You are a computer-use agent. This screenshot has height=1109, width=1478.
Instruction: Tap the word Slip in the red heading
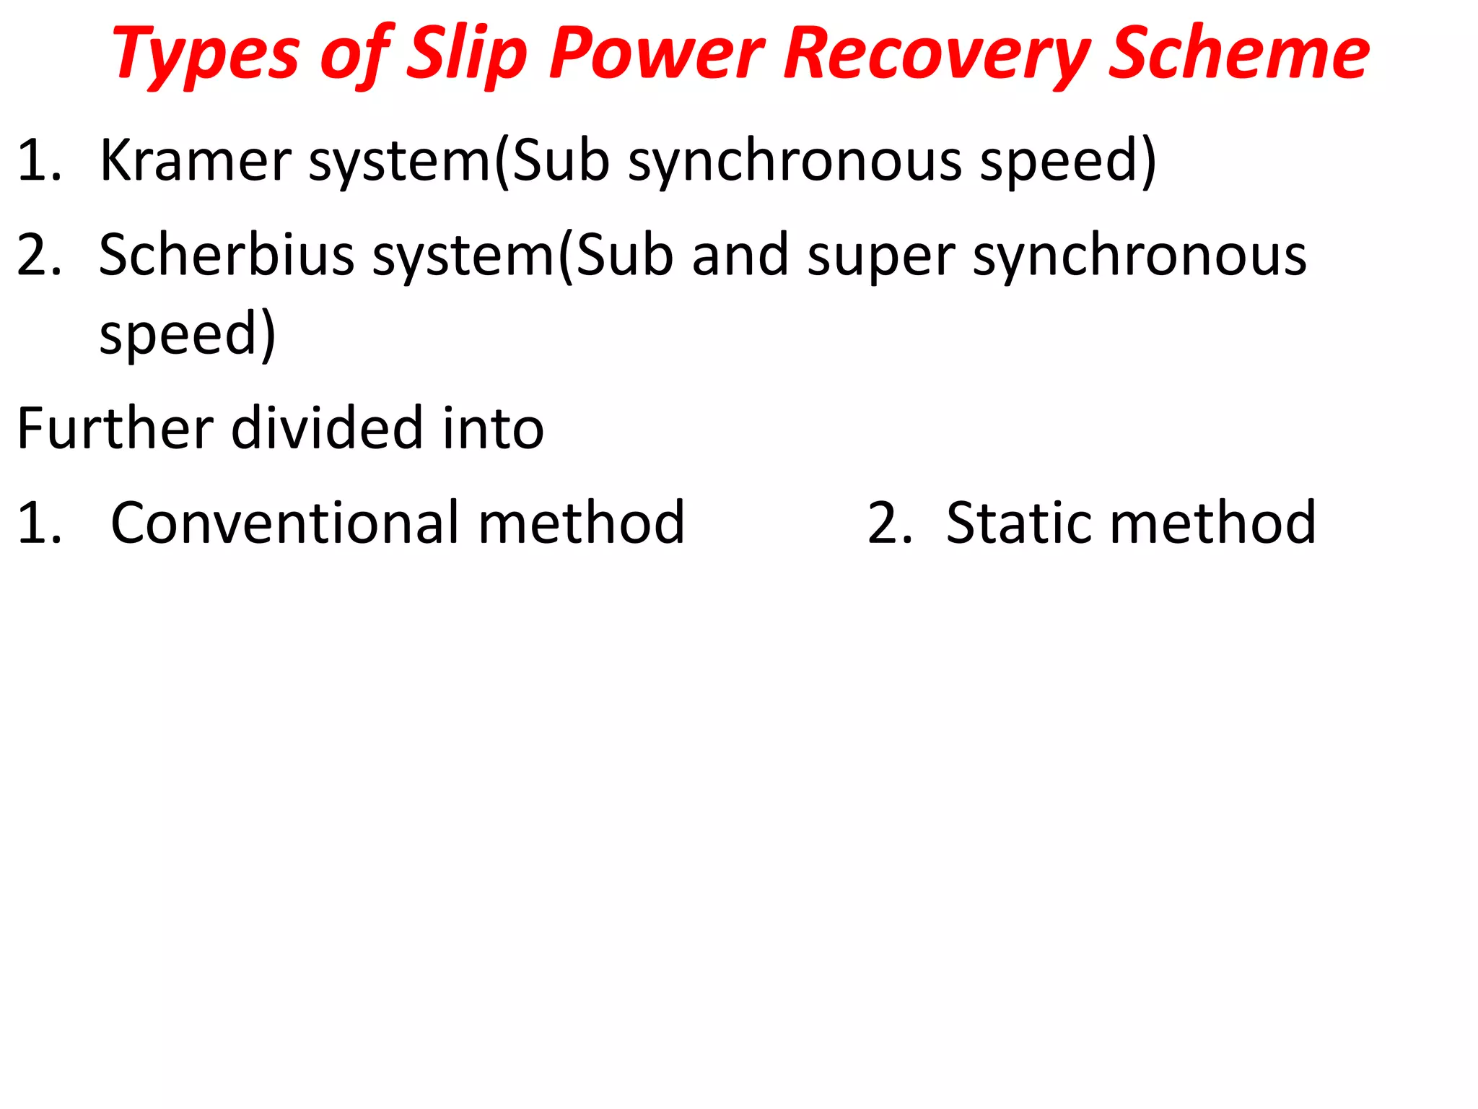[x=467, y=53]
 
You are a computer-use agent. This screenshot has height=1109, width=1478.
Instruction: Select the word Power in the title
[x=655, y=53]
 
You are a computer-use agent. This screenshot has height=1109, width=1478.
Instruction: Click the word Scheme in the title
[x=1238, y=53]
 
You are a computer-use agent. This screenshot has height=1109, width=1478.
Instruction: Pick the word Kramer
[x=195, y=160]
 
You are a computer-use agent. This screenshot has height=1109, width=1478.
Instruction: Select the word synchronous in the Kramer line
[x=795, y=161]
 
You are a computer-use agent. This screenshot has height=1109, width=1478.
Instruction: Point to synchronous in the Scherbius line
[x=1140, y=256]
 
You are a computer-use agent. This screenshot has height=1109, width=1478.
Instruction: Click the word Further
[x=115, y=427]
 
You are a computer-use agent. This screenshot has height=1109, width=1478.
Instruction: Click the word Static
[x=1018, y=522]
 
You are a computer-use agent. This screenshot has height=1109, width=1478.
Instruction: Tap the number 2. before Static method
[x=889, y=522]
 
